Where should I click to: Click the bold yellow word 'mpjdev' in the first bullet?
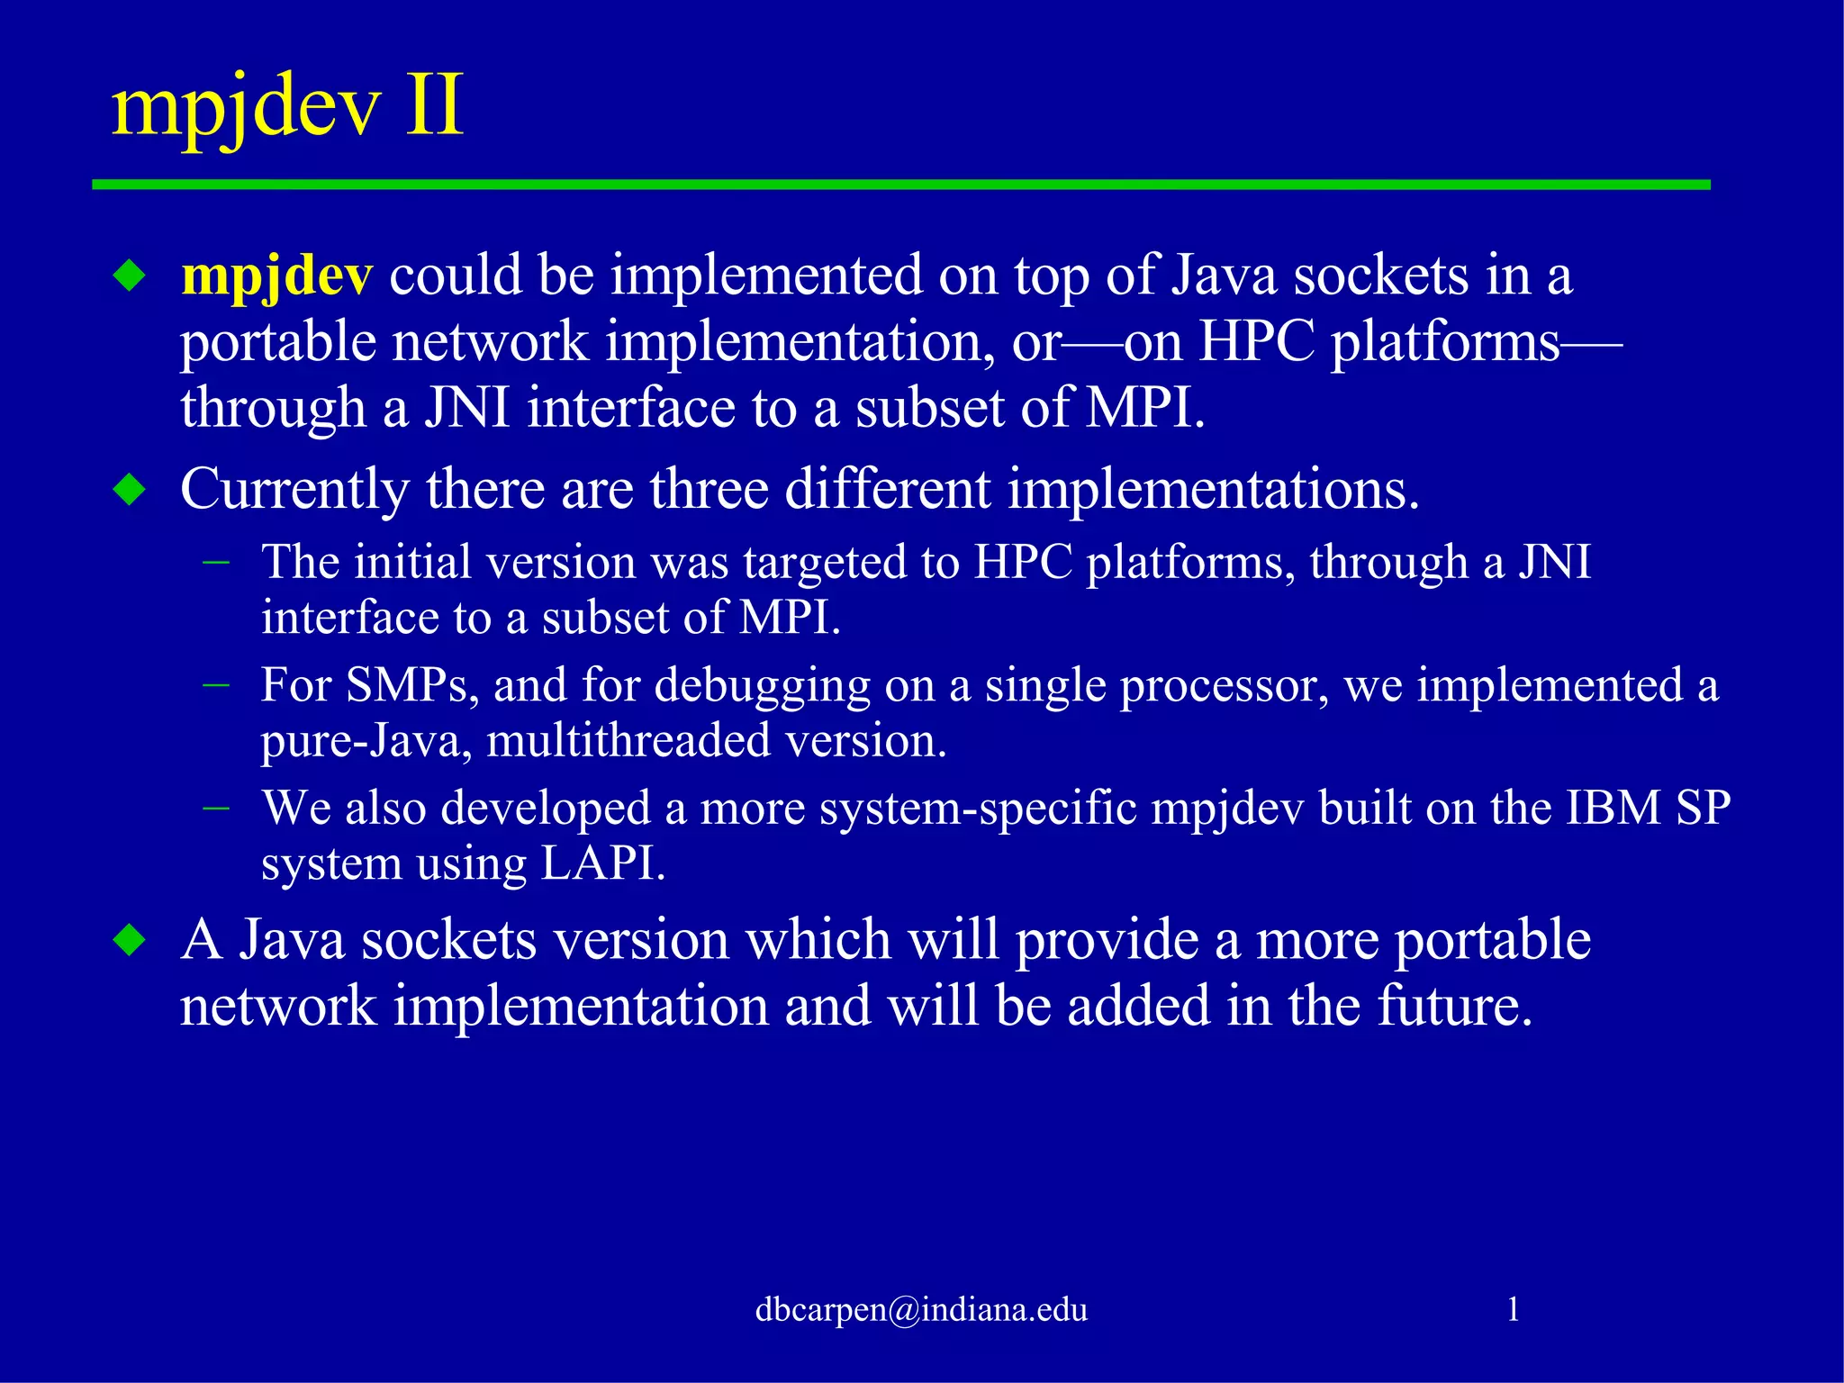pyautogui.click(x=276, y=276)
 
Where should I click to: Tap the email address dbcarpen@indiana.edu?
pyautogui.click(x=921, y=1309)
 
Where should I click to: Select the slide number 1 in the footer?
pyautogui.click(x=1513, y=1309)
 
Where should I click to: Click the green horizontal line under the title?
pyautogui.click(x=900, y=185)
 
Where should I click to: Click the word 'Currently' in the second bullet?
pyautogui.click(x=294, y=491)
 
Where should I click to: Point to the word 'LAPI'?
pyautogui.click(x=601, y=864)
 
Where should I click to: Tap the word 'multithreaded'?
pyautogui.click(x=628, y=741)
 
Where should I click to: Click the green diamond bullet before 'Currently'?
pyautogui.click(x=131, y=490)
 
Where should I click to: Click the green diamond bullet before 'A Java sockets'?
pyautogui.click(x=131, y=940)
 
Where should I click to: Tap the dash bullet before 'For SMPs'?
pyautogui.click(x=216, y=686)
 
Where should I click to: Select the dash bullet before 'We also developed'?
pyautogui.click(x=216, y=808)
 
